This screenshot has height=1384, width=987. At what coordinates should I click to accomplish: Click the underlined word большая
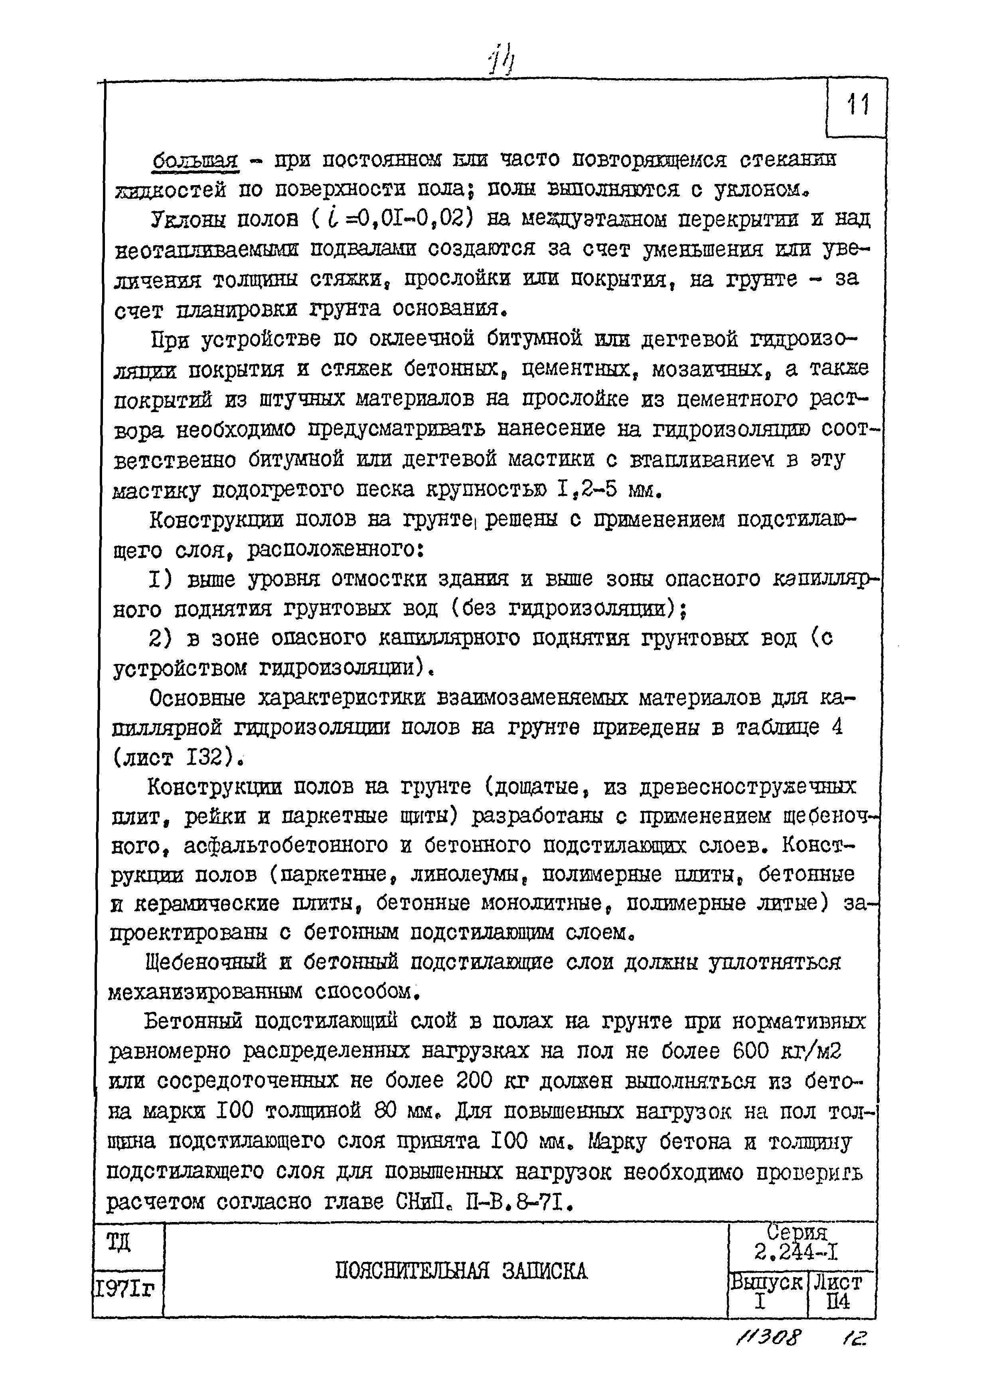click(x=194, y=162)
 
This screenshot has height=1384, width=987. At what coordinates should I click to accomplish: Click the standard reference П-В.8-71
click(x=518, y=1202)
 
